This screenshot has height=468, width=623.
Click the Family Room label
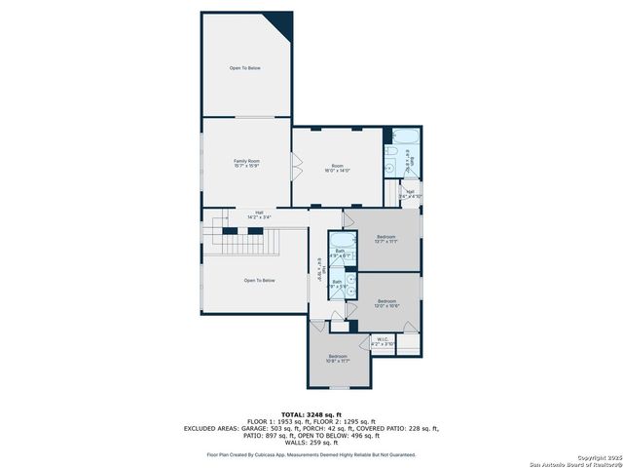[x=246, y=163]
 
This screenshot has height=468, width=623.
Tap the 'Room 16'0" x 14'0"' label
[x=337, y=168]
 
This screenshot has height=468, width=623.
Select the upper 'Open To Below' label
[x=245, y=68]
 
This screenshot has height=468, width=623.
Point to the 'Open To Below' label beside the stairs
[x=259, y=280]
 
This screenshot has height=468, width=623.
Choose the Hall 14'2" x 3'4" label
[x=259, y=214]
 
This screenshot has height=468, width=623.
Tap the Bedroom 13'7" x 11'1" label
[x=386, y=239]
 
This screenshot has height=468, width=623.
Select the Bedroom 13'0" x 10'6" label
[x=386, y=302]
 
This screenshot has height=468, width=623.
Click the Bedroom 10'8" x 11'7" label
[x=338, y=359]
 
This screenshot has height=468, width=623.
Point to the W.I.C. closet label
[x=384, y=342]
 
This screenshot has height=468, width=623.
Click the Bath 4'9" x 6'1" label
[x=340, y=253]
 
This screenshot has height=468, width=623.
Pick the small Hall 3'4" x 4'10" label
[x=410, y=193]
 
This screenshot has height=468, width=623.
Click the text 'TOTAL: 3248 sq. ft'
[x=311, y=413]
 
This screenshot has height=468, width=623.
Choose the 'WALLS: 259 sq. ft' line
[x=311, y=442]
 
